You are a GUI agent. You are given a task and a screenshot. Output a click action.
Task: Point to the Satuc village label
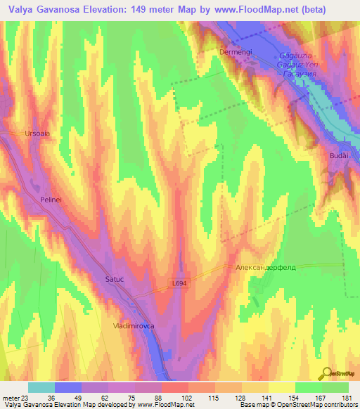coord(115,278)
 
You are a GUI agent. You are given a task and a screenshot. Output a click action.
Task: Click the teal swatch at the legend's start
coord(41,387)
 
